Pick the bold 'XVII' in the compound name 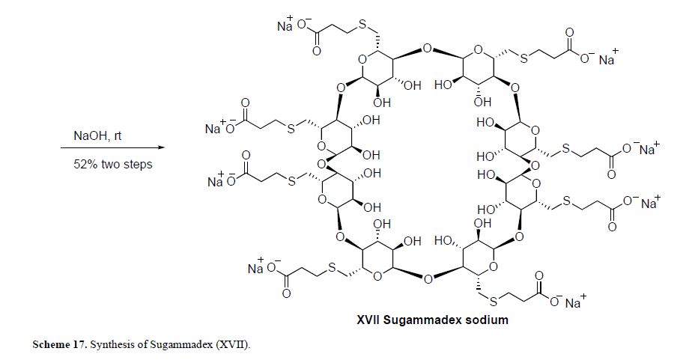click(x=370, y=321)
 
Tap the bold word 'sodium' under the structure click(x=488, y=321)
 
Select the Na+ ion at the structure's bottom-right click(x=575, y=303)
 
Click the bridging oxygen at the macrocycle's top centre click(x=426, y=49)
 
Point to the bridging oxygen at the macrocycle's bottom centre click(x=428, y=280)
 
